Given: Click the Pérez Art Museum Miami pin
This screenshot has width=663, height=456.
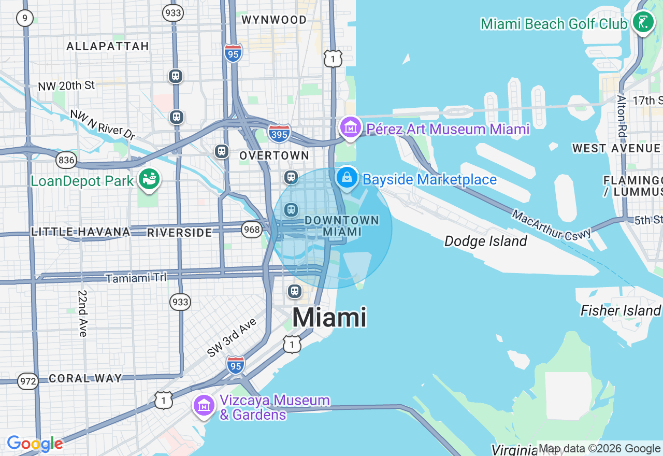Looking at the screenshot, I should [350, 127].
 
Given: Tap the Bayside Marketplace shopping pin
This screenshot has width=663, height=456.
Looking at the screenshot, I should [347, 178].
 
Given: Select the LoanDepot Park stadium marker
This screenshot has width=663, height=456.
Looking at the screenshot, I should [149, 179].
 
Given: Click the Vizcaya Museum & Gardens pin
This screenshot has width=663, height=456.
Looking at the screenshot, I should [204, 406].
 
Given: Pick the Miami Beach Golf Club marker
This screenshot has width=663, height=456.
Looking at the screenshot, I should [643, 22].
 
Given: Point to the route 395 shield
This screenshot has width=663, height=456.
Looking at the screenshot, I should [279, 133].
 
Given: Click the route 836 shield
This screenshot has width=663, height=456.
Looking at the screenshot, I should [66, 160].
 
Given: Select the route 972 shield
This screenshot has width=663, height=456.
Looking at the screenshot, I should [28, 381].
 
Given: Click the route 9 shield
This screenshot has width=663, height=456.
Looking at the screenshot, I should [24, 19].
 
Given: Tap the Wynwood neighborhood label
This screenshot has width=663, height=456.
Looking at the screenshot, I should [274, 20].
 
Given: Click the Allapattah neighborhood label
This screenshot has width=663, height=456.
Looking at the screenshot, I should [108, 47].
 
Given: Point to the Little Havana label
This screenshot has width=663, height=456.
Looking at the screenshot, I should [80, 232].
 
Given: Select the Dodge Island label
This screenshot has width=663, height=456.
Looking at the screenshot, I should [485, 241].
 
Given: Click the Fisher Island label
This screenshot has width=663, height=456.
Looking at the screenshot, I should [620, 310].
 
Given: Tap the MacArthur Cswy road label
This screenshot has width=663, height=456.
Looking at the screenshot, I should [552, 224].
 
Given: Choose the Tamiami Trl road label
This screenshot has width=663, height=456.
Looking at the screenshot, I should [136, 278].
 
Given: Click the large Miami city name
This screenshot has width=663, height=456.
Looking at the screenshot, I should [329, 317].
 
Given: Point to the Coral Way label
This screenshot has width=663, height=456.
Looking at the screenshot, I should [85, 378].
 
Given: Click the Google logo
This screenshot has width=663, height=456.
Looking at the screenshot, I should [35, 444].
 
